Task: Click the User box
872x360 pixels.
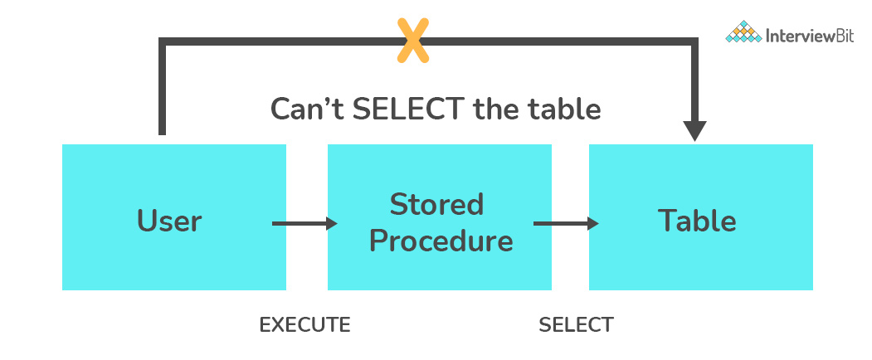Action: pos(173,217)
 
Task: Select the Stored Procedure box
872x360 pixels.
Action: pos(440,217)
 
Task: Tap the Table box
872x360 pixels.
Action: pos(700,217)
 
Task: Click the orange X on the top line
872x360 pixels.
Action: pos(412,41)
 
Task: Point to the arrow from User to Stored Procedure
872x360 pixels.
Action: pos(304,223)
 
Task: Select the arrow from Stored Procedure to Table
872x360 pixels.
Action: pos(566,223)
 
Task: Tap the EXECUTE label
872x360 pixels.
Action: pos(304,324)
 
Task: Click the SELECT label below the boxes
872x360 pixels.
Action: pos(576,324)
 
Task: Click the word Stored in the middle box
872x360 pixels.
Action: pos(436,204)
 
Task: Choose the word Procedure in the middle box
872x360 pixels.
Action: pos(441,241)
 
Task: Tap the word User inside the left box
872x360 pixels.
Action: pos(169,221)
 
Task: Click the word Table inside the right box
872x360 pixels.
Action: pos(697,221)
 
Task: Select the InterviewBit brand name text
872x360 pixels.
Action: pos(809,36)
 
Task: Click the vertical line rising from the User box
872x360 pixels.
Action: pos(163,91)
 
